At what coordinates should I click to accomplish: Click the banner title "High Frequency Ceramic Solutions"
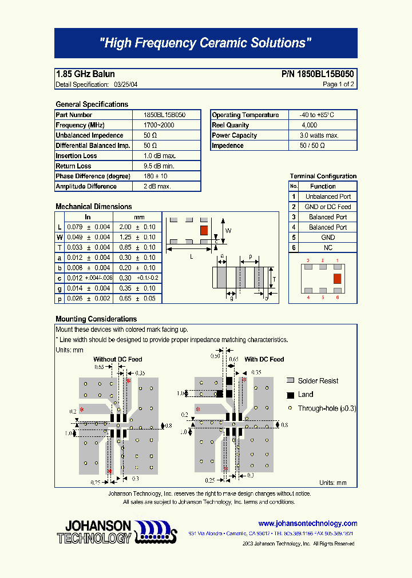(205, 43)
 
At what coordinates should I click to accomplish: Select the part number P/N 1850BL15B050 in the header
(318, 74)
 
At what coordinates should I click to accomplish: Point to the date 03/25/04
(126, 85)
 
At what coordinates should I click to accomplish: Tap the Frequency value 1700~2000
(159, 125)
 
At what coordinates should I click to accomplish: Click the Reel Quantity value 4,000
(309, 125)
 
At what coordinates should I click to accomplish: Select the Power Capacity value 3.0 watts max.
(319, 135)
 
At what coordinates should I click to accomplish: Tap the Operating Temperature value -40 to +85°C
(312, 115)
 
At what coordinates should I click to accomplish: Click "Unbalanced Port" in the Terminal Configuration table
(328, 196)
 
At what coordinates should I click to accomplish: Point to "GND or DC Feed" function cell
(328, 207)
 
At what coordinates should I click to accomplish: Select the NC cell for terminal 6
(328, 248)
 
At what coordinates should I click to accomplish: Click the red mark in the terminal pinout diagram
(338, 278)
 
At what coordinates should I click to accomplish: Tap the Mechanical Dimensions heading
(93, 207)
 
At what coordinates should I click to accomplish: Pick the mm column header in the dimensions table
(139, 217)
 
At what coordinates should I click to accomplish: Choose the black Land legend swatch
(290, 395)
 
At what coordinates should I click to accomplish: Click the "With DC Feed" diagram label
(264, 359)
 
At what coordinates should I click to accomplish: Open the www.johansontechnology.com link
(307, 523)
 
